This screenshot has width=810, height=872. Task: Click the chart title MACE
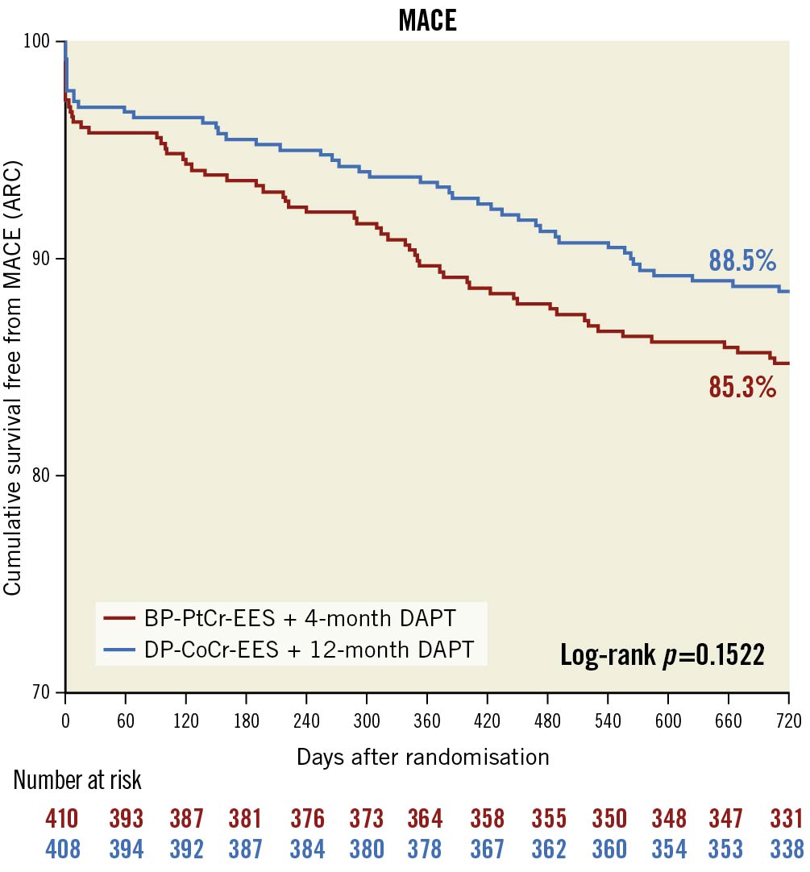[x=427, y=20]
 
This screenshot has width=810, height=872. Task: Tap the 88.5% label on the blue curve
[x=741, y=260]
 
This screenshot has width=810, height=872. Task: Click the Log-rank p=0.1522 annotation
[x=662, y=655]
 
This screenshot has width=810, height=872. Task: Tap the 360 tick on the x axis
[x=426, y=720]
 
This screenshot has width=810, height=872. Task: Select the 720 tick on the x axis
[x=787, y=720]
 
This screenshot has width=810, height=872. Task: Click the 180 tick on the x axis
[x=246, y=720]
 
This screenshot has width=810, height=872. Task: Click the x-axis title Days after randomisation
[x=423, y=758]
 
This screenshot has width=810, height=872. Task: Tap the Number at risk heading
[x=77, y=781]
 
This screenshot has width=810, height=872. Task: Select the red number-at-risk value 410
[x=62, y=820]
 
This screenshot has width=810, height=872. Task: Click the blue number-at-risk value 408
[x=62, y=849]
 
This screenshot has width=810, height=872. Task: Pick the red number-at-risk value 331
[x=787, y=820]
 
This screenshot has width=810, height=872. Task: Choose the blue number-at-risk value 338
[x=787, y=849]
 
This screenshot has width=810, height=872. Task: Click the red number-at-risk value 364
[x=425, y=820]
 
